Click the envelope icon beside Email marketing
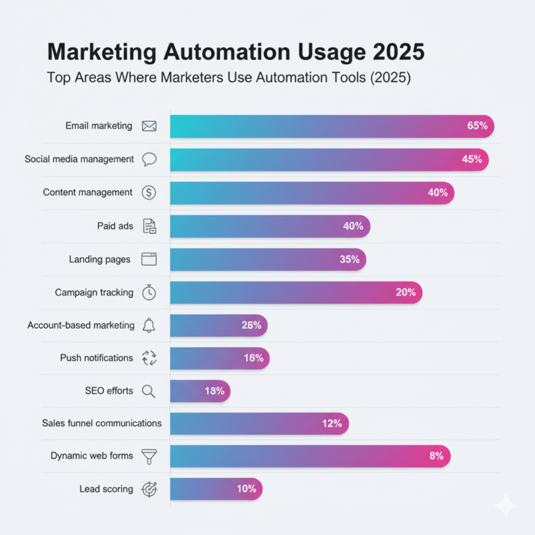[x=149, y=126]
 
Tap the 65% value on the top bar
[x=477, y=126]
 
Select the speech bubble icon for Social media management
[x=149, y=160]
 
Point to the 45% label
[x=472, y=160]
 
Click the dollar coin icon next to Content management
[x=148, y=193]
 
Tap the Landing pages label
[x=100, y=259]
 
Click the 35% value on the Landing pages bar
[x=350, y=259]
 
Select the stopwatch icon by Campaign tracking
[x=149, y=293]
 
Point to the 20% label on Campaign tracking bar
[x=405, y=293]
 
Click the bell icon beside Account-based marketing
[x=148, y=325]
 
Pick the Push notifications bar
[x=219, y=358]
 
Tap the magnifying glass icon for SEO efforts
[x=148, y=391]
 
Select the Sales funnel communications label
[x=102, y=423]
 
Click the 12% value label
[x=332, y=423]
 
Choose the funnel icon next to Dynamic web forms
[x=149, y=456]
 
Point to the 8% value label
[x=436, y=456]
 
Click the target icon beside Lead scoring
[x=149, y=489]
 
